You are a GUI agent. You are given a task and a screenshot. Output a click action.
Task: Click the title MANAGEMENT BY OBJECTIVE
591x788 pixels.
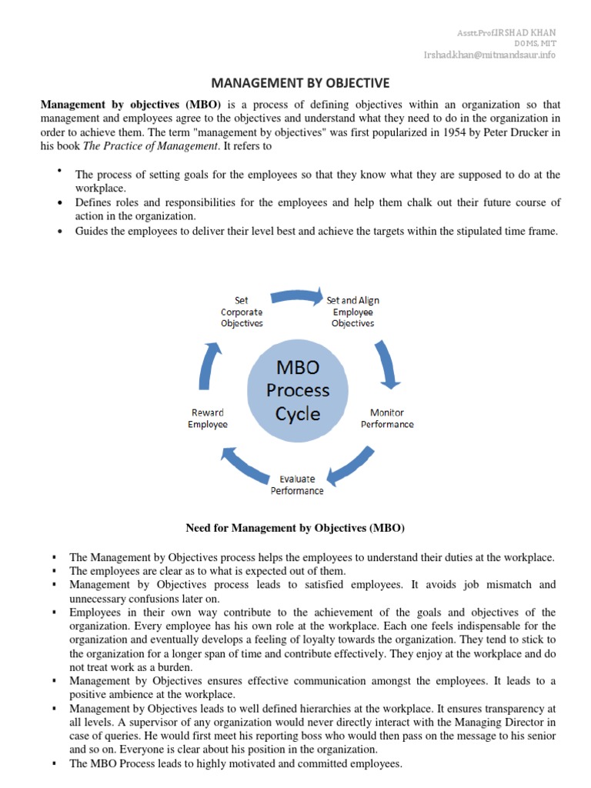301,82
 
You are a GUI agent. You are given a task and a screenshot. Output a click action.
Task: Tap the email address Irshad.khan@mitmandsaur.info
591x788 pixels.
490,55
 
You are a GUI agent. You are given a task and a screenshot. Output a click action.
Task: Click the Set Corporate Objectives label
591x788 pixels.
242,312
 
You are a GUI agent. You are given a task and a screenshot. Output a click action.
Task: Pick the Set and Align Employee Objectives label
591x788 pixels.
352,312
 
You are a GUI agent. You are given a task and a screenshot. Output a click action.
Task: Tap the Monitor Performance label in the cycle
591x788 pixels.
387,419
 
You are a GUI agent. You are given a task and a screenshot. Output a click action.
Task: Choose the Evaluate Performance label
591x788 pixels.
297,485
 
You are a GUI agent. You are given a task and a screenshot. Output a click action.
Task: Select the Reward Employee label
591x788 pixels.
208,419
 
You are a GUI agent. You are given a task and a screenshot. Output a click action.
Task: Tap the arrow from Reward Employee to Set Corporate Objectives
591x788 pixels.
209,363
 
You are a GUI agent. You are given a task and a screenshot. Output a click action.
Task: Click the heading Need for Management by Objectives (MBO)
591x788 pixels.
295,528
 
